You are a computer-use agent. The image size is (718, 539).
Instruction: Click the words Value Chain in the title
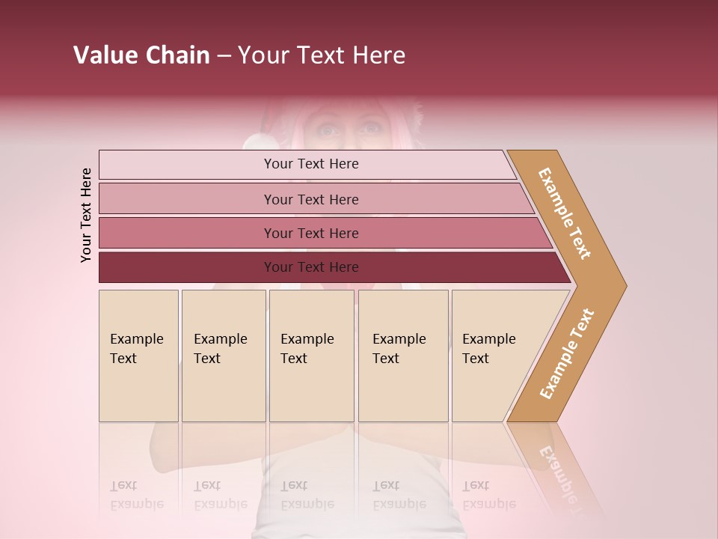[141, 55]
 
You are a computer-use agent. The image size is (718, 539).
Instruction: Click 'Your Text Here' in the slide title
[322, 55]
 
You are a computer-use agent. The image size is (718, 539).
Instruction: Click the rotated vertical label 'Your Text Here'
[86, 215]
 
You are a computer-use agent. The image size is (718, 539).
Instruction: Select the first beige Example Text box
[138, 356]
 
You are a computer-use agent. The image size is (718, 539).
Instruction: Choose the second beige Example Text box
[224, 356]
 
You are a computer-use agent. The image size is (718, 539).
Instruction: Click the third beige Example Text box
[311, 356]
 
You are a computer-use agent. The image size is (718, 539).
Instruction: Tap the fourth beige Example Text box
[403, 356]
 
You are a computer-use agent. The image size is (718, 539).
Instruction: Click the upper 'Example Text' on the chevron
[565, 213]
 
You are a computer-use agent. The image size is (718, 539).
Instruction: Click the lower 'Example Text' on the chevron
[567, 353]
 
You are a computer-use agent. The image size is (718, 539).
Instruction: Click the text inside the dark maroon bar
[311, 267]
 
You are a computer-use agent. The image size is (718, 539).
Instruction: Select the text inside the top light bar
[311, 164]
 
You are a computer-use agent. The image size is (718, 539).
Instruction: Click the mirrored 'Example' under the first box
[137, 504]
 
